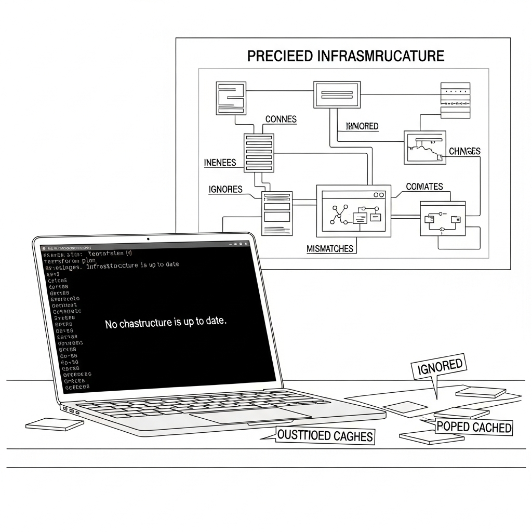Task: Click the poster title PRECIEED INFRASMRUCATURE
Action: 345,56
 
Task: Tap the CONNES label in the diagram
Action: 281,119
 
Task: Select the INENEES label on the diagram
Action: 220,163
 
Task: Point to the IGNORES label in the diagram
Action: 225,189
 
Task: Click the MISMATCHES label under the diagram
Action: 330,249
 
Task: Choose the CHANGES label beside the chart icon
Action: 464,151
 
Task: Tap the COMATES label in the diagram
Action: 424,187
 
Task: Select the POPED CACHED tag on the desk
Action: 474,427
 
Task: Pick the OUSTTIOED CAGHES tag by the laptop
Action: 325,435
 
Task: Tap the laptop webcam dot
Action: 148,239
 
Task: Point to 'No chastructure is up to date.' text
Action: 166,323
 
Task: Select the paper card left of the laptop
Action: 55,424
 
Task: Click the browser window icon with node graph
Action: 353,211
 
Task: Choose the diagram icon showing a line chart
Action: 424,148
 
